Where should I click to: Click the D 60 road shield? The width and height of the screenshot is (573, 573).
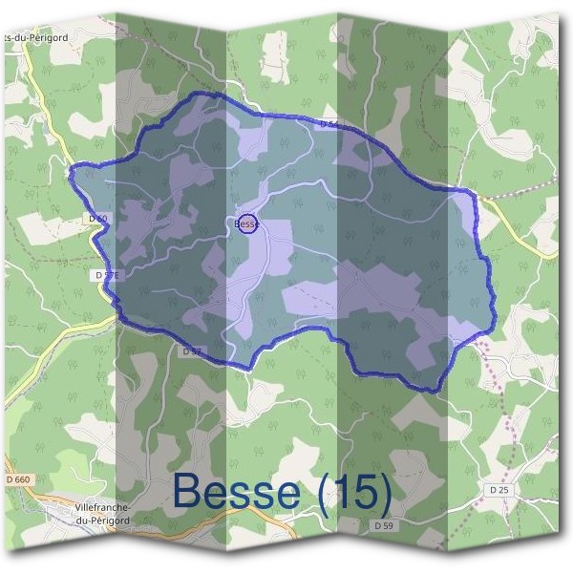pos(97,219)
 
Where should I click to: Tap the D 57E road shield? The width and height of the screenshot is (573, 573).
pos(108,275)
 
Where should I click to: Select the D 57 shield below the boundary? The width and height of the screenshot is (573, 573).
pos(191,351)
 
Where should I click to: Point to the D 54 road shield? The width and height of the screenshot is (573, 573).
pos(329,124)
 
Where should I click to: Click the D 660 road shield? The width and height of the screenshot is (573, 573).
pos(17,478)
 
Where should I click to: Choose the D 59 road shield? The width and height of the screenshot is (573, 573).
pos(384,525)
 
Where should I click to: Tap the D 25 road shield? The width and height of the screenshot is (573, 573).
pos(498,490)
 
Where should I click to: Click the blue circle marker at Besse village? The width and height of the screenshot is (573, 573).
pos(247,223)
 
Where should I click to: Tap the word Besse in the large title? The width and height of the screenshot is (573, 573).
pos(235,492)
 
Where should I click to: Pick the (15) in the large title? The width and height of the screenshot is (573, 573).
pos(352,492)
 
